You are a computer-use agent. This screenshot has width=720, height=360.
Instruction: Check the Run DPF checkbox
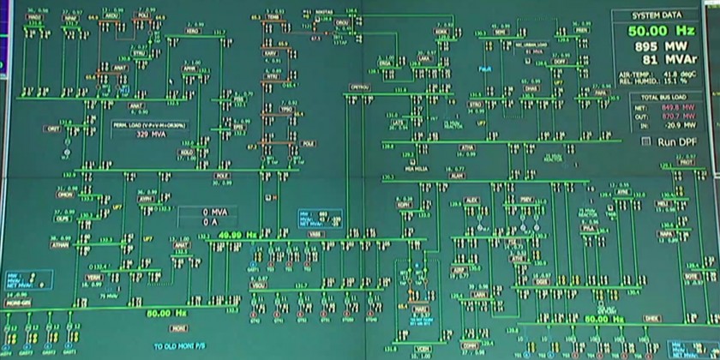[x=647, y=139]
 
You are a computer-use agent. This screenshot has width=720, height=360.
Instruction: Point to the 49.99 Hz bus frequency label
[x=231, y=235]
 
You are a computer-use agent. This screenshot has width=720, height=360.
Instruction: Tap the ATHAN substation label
[x=61, y=243]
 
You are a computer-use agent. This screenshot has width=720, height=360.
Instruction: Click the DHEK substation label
[x=651, y=317]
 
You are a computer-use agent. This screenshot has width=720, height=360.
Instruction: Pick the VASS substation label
[x=315, y=234]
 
